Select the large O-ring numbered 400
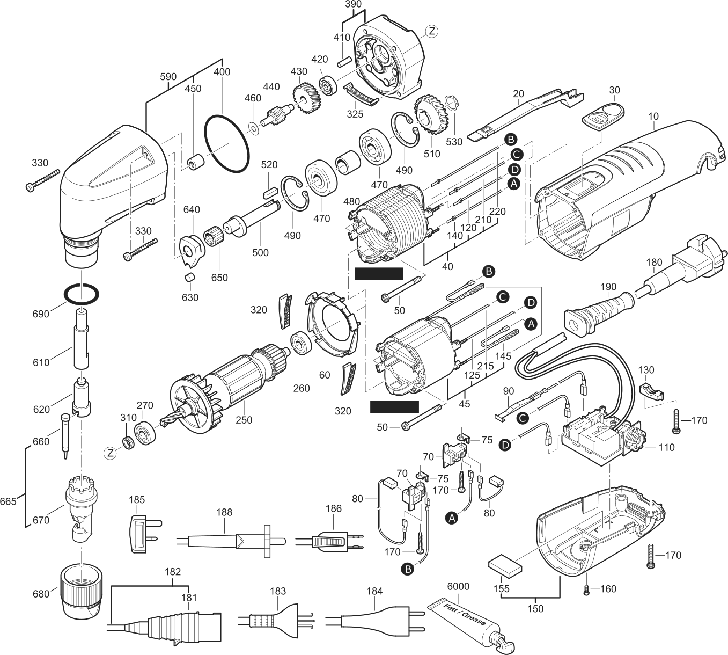click(x=226, y=143)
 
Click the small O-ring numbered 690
click(x=82, y=295)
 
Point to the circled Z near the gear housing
click(x=431, y=32)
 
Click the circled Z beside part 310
click(x=111, y=454)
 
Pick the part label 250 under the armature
click(x=244, y=420)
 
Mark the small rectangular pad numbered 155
click(x=505, y=565)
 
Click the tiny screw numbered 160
click(x=587, y=590)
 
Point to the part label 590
click(x=167, y=77)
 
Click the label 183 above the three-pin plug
click(x=278, y=591)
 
